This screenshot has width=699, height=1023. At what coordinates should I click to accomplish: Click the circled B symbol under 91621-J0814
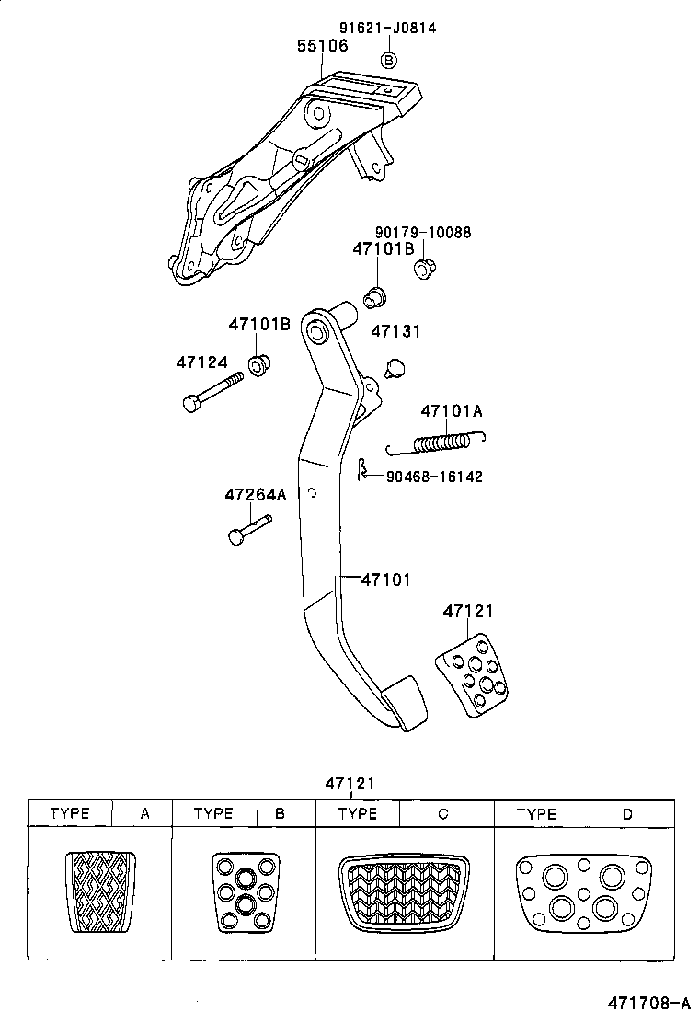(388, 60)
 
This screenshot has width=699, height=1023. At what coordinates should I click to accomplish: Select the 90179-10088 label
(422, 233)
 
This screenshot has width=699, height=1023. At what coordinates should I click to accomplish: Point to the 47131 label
(395, 330)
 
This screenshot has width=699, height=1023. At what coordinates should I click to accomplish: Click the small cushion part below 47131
(395, 368)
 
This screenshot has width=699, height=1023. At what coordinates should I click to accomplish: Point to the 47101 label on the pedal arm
(385, 580)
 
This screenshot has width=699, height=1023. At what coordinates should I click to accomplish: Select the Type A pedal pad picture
(100, 892)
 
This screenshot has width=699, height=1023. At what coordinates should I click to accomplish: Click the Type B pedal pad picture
(245, 892)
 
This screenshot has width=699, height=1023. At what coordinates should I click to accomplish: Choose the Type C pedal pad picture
(405, 892)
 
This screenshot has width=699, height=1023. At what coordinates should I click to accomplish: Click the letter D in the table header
(627, 814)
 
